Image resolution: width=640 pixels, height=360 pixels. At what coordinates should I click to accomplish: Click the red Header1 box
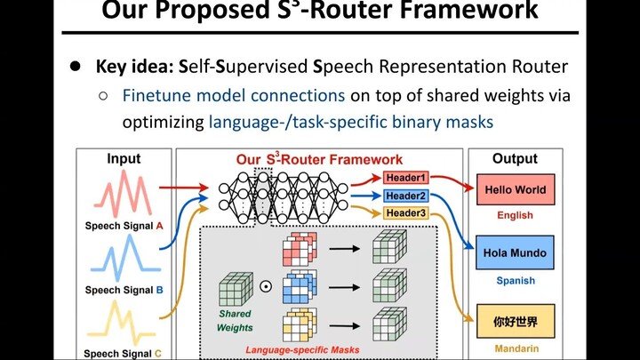[405, 179]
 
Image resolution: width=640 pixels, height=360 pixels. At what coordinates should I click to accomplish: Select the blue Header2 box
[405, 196]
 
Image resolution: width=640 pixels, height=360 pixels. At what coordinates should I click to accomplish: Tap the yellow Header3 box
[405, 212]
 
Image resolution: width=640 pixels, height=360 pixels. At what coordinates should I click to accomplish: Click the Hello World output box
[515, 190]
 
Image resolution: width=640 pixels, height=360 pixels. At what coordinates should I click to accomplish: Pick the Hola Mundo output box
[515, 253]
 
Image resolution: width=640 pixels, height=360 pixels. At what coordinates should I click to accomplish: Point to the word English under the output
[515, 215]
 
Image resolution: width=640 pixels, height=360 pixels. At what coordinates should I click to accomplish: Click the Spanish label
[515, 280]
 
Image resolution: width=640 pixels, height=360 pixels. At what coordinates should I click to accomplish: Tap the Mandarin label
[515, 349]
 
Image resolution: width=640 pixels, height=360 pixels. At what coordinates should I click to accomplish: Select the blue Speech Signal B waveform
[124, 259]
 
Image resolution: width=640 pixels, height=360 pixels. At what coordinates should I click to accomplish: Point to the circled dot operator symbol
[265, 287]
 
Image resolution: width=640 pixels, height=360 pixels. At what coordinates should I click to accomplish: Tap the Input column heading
[124, 159]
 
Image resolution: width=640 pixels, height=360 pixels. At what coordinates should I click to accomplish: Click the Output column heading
[515, 159]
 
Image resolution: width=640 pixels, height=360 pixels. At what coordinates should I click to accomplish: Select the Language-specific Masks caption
[302, 350]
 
